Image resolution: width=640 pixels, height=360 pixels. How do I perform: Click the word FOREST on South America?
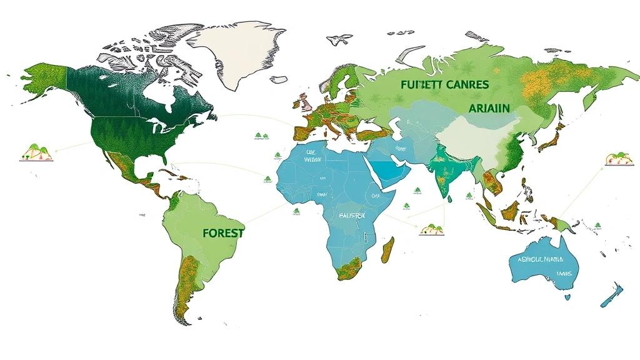point(223,231)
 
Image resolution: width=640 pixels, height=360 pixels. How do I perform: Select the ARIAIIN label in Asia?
point(489,107)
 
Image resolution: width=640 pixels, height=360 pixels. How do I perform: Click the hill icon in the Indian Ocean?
point(431,229)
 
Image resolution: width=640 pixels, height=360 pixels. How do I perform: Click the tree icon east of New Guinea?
point(597,226)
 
